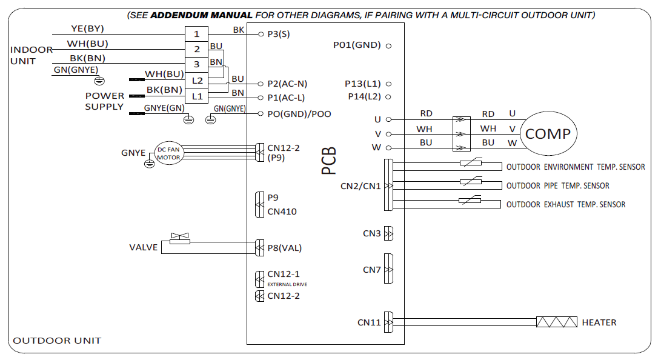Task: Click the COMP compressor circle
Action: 548,134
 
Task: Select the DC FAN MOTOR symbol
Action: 168,153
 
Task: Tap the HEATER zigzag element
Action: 557,322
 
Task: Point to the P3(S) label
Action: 279,35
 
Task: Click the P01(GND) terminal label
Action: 357,45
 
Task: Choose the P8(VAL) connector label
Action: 284,247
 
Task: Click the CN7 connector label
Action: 372,270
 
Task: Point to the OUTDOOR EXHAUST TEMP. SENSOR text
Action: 566,205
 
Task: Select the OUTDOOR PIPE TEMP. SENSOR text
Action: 558,186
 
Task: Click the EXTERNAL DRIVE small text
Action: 287,284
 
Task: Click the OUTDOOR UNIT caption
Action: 57,341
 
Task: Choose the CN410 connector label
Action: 282,212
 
